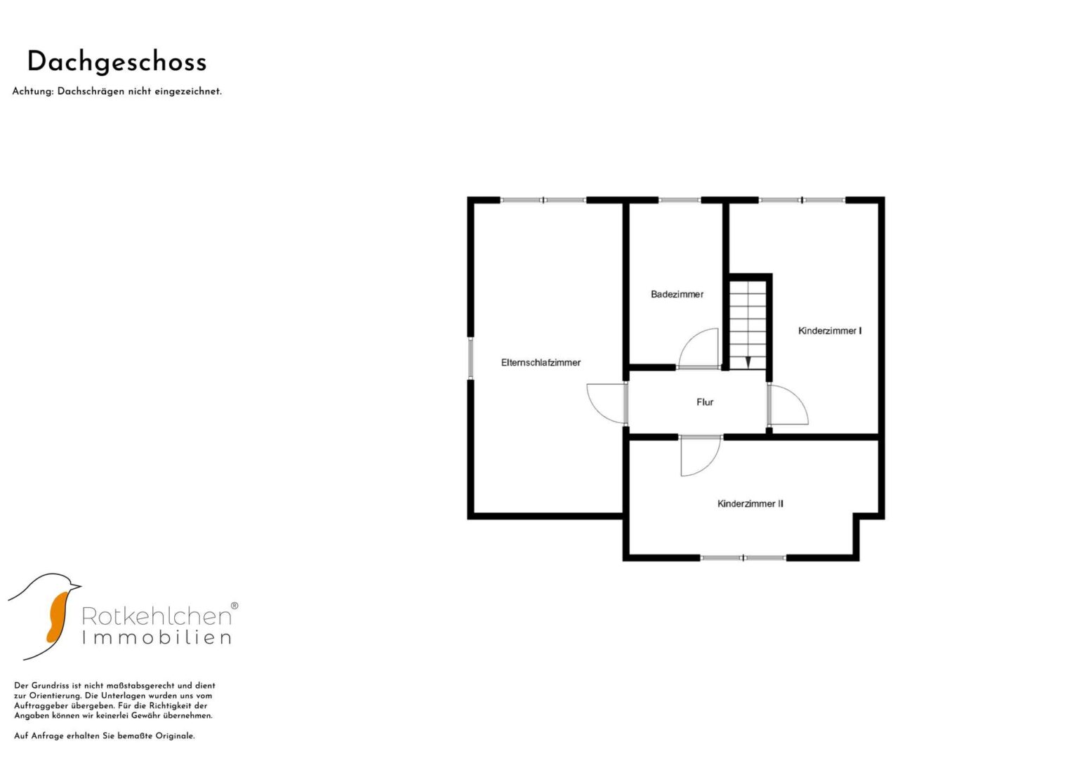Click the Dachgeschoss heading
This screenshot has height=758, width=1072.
click(117, 63)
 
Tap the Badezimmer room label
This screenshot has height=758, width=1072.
click(677, 294)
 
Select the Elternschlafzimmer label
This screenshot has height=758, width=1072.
click(541, 363)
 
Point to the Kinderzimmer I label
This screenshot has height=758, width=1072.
click(830, 331)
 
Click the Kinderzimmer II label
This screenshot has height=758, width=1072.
click(750, 503)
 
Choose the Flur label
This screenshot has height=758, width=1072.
click(705, 402)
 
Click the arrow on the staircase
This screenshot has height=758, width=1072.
click(748, 362)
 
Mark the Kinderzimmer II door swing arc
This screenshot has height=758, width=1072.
click(712, 464)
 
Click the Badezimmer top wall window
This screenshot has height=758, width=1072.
click(680, 200)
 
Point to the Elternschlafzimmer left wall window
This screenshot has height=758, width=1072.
click(470, 358)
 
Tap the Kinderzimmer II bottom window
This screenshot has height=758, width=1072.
click(743, 557)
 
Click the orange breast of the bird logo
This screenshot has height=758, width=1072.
click(58, 616)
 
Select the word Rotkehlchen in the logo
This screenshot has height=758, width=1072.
click(157, 616)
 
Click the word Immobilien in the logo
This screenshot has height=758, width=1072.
click(157, 637)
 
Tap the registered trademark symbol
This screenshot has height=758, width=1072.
click(234, 605)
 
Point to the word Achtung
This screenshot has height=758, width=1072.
click(32, 91)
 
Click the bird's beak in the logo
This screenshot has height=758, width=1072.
click(76, 586)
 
